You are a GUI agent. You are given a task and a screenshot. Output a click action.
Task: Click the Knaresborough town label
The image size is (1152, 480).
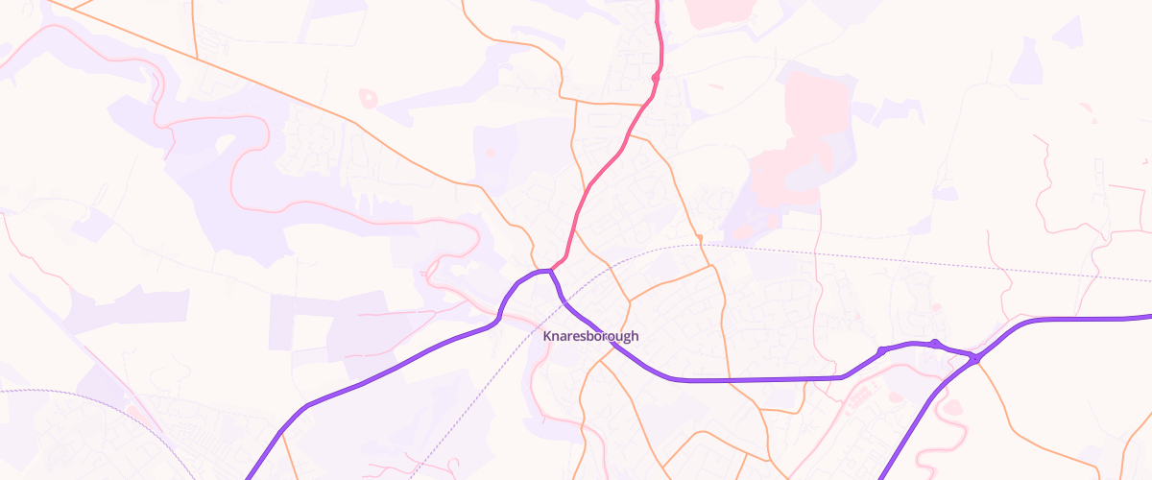coord(590,336)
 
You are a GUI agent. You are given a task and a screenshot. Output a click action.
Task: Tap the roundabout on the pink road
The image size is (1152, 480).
coord(656,77)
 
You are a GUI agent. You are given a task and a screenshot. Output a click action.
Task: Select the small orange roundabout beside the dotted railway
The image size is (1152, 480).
coord(700,237)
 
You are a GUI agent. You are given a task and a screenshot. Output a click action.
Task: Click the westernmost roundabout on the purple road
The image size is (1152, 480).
coord(881,350)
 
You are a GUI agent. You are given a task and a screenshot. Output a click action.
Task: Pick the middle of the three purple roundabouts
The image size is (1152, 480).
coord(934,343)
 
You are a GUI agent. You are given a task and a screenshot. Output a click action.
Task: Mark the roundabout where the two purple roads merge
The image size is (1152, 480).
coord(974,359)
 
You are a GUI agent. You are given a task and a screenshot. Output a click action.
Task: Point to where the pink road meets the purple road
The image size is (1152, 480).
coord(551,271)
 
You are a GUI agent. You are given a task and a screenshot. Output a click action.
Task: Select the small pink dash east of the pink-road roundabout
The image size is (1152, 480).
coord(715,86)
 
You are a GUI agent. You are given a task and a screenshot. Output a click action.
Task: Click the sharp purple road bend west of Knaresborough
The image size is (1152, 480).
coord(499,318)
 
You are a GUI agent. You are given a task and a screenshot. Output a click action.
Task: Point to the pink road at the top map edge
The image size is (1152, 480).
coord(658,3)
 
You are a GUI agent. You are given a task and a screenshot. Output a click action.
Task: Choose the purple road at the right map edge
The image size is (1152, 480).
coord(1148,316)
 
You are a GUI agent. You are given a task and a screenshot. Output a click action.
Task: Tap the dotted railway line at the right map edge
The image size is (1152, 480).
coord(1148,280)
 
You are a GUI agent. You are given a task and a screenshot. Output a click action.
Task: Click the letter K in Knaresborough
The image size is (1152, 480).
coord(547,336)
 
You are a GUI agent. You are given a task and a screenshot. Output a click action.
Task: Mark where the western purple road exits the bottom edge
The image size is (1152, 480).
coord(249,476)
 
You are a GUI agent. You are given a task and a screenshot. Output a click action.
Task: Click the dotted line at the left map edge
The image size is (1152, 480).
coord(3,391)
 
